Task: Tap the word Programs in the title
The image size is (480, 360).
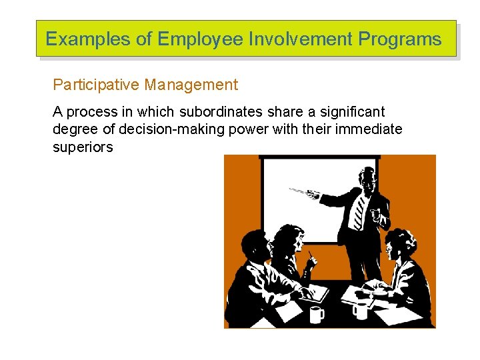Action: (400, 39)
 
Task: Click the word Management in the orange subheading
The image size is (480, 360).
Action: (191, 85)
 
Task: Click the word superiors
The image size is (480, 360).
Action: (83, 147)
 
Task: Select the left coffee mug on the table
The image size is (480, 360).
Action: (316, 313)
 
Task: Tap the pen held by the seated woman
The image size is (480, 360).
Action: (311, 255)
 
